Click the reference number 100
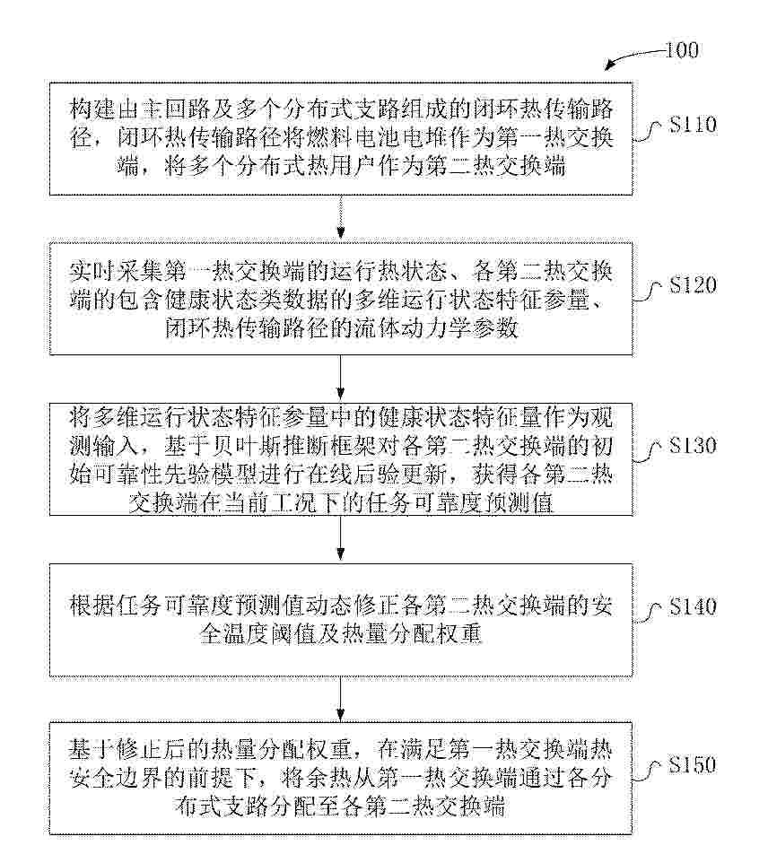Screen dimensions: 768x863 682,50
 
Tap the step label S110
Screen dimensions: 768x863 693,125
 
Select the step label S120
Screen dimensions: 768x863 693,285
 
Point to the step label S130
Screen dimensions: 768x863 693,445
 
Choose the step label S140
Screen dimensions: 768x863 693,606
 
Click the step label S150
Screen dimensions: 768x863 693,765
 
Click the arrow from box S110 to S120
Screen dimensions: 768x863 341,219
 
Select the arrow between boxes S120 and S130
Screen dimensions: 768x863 341,378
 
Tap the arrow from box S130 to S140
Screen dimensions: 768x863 341,539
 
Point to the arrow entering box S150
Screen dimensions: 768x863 341,699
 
